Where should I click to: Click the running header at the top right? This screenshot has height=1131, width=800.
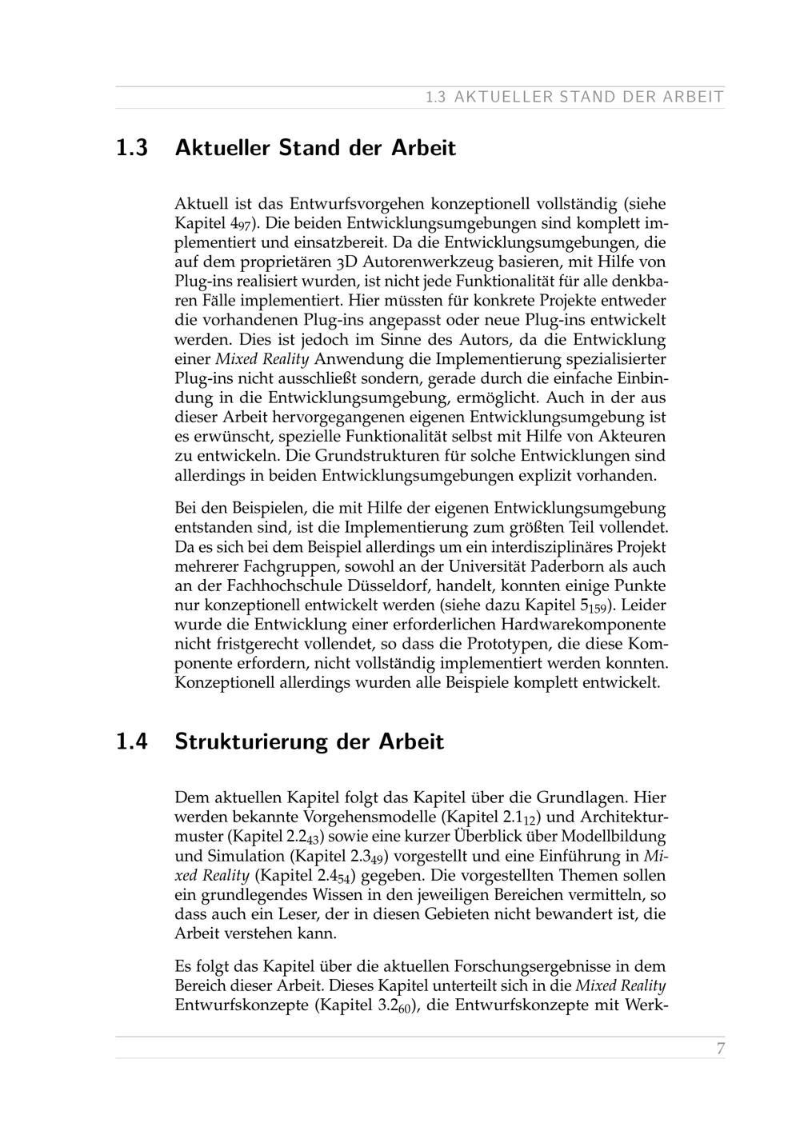tap(574, 98)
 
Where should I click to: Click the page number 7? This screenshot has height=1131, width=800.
tap(720, 1049)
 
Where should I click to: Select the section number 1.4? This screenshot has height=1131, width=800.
tap(132, 741)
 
